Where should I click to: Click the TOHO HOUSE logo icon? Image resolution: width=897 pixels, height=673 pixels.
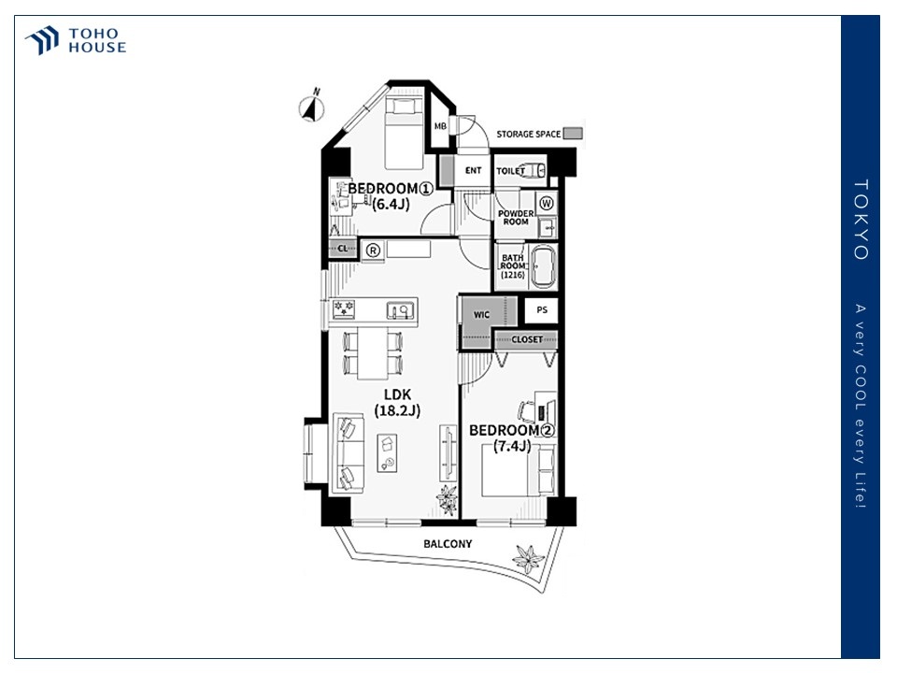point(42,40)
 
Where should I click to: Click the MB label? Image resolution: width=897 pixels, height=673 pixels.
point(440,126)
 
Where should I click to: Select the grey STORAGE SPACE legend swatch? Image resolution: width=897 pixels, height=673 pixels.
point(573,134)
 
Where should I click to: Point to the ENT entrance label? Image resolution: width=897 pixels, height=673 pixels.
point(473,170)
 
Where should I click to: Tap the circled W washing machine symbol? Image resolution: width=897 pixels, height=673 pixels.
point(547,203)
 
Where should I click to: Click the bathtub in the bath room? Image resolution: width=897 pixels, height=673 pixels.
point(543,266)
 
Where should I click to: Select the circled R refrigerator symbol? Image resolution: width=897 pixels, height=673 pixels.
point(373,251)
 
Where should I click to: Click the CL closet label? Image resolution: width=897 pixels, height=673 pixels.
point(343,249)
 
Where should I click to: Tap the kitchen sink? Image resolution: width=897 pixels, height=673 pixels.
point(401,310)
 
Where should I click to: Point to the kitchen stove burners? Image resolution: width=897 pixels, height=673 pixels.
point(344,309)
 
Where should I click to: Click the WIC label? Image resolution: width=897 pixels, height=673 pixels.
point(481,315)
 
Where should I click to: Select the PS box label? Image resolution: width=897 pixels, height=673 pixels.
point(542,309)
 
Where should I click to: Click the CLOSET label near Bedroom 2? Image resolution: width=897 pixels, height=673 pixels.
point(527,339)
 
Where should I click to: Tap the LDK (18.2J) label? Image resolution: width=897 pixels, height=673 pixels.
point(398,402)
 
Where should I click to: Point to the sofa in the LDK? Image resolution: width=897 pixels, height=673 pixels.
point(349,452)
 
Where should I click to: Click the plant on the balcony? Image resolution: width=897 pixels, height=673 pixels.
point(527,559)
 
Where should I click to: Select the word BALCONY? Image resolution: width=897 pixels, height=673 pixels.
point(448,544)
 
